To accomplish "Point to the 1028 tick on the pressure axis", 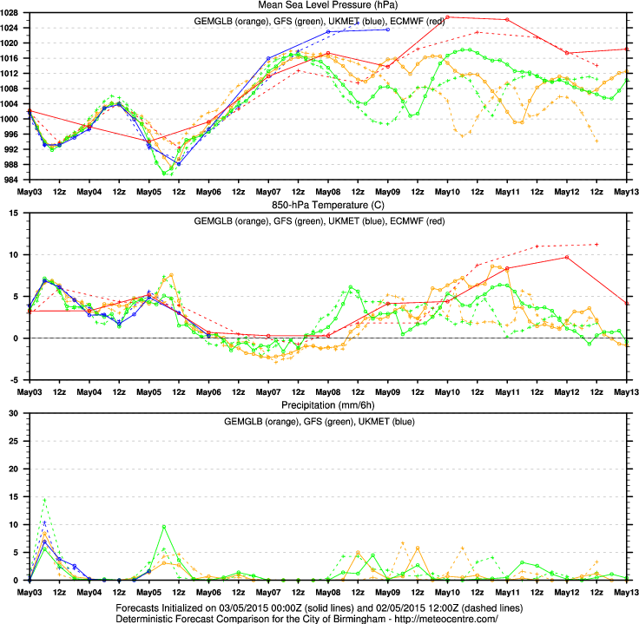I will [x=15, y=13].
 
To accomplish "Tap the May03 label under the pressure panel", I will [x=30, y=192].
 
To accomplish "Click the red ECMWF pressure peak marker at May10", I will [x=447, y=17].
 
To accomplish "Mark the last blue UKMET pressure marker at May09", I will [x=387, y=30].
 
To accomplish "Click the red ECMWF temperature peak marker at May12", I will [x=566, y=257].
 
